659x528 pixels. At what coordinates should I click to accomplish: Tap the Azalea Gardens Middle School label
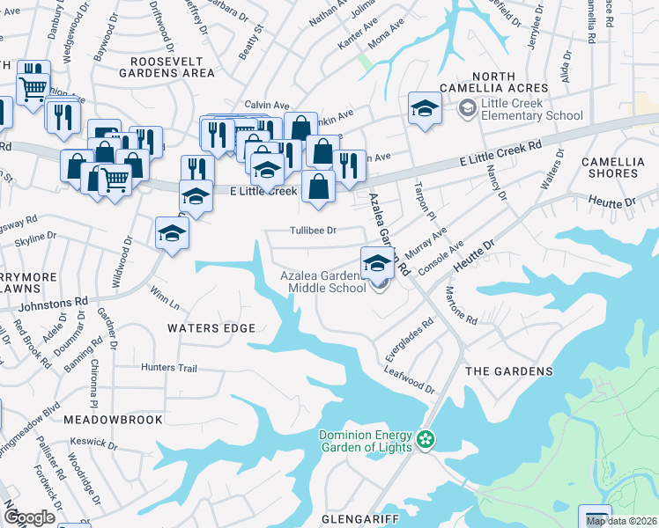[x=322, y=282]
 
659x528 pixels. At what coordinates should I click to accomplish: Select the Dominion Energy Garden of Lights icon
[x=426, y=438]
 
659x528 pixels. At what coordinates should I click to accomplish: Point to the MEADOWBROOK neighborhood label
[x=113, y=420]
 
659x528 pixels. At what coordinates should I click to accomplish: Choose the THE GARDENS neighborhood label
[x=508, y=372]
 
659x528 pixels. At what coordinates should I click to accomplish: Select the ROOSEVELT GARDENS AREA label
[x=173, y=67]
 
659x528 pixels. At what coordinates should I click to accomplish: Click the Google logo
[x=28, y=517]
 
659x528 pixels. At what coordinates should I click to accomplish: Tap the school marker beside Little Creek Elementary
[x=425, y=109]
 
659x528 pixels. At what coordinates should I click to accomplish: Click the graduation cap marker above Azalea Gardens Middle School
[x=377, y=263]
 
